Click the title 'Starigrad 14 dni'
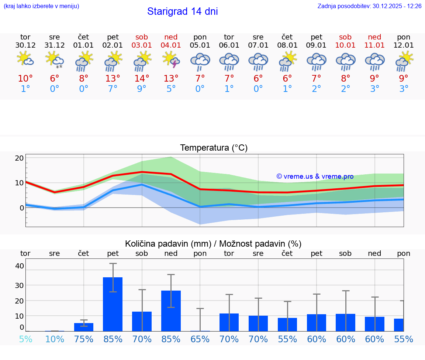point(182,11)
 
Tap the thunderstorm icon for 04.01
point(171,60)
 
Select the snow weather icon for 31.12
point(54,60)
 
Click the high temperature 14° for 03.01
point(142,78)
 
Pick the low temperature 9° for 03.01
point(142,89)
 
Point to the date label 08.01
point(287,45)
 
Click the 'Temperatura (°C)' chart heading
point(214,148)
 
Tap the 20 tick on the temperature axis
point(19,158)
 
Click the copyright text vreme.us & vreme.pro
point(315,176)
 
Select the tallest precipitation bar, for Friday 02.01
point(113,304)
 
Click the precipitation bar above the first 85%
point(113,304)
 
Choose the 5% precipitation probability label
point(25,339)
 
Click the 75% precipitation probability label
point(84,339)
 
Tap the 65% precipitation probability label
point(200,339)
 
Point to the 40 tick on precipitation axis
point(19,266)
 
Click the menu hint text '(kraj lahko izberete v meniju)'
point(41,6)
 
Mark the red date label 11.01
point(374,45)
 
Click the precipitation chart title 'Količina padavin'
point(168,244)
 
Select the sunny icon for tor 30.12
point(25,59)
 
